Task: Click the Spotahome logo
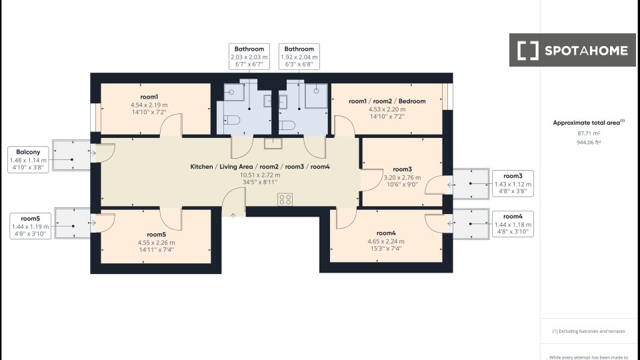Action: click(572, 50)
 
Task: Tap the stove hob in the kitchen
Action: click(285, 199)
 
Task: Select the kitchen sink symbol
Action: click(273, 143)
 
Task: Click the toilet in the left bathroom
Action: click(232, 121)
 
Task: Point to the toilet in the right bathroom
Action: click(287, 125)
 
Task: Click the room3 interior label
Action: click(402, 169)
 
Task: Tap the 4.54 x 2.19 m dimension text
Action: click(149, 105)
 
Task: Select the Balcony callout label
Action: click(28, 159)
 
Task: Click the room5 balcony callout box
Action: click(30, 226)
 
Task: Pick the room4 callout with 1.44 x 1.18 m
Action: click(513, 224)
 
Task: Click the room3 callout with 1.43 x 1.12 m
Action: click(513, 184)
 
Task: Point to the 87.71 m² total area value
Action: click(589, 133)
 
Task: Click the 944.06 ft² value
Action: click(589, 143)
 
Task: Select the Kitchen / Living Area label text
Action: click(222, 167)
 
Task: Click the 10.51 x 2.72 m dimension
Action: click(260, 175)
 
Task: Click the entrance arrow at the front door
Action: click(233, 215)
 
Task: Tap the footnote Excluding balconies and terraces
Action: click(589, 331)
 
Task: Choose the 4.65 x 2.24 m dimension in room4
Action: click(386, 241)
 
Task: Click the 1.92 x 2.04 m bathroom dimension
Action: click(299, 57)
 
